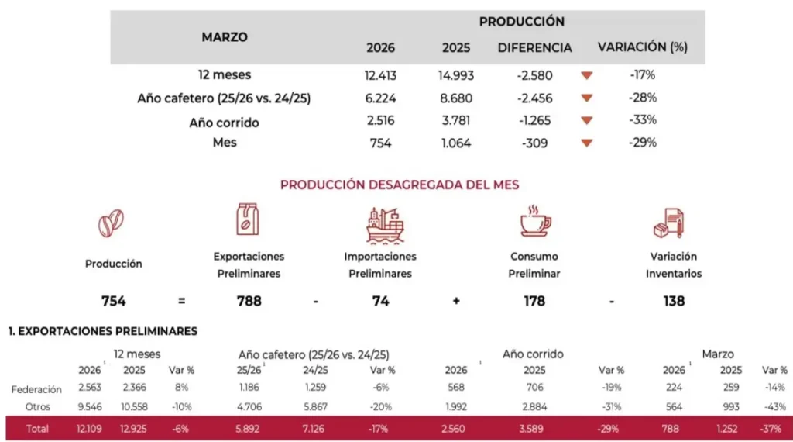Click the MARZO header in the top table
point(225,36)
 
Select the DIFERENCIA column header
point(534,47)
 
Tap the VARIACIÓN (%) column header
point(642,47)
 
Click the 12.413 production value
point(380,75)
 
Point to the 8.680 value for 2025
point(456,98)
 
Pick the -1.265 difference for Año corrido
point(534,120)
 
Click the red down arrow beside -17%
point(586,75)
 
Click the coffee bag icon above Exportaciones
point(248,219)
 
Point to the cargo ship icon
point(384,225)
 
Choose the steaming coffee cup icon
point(534,221)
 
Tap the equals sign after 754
point(180,301)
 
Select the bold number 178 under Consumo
point(534,301)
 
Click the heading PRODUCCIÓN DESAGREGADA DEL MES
point(400,185)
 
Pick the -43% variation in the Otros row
point(774,407)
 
